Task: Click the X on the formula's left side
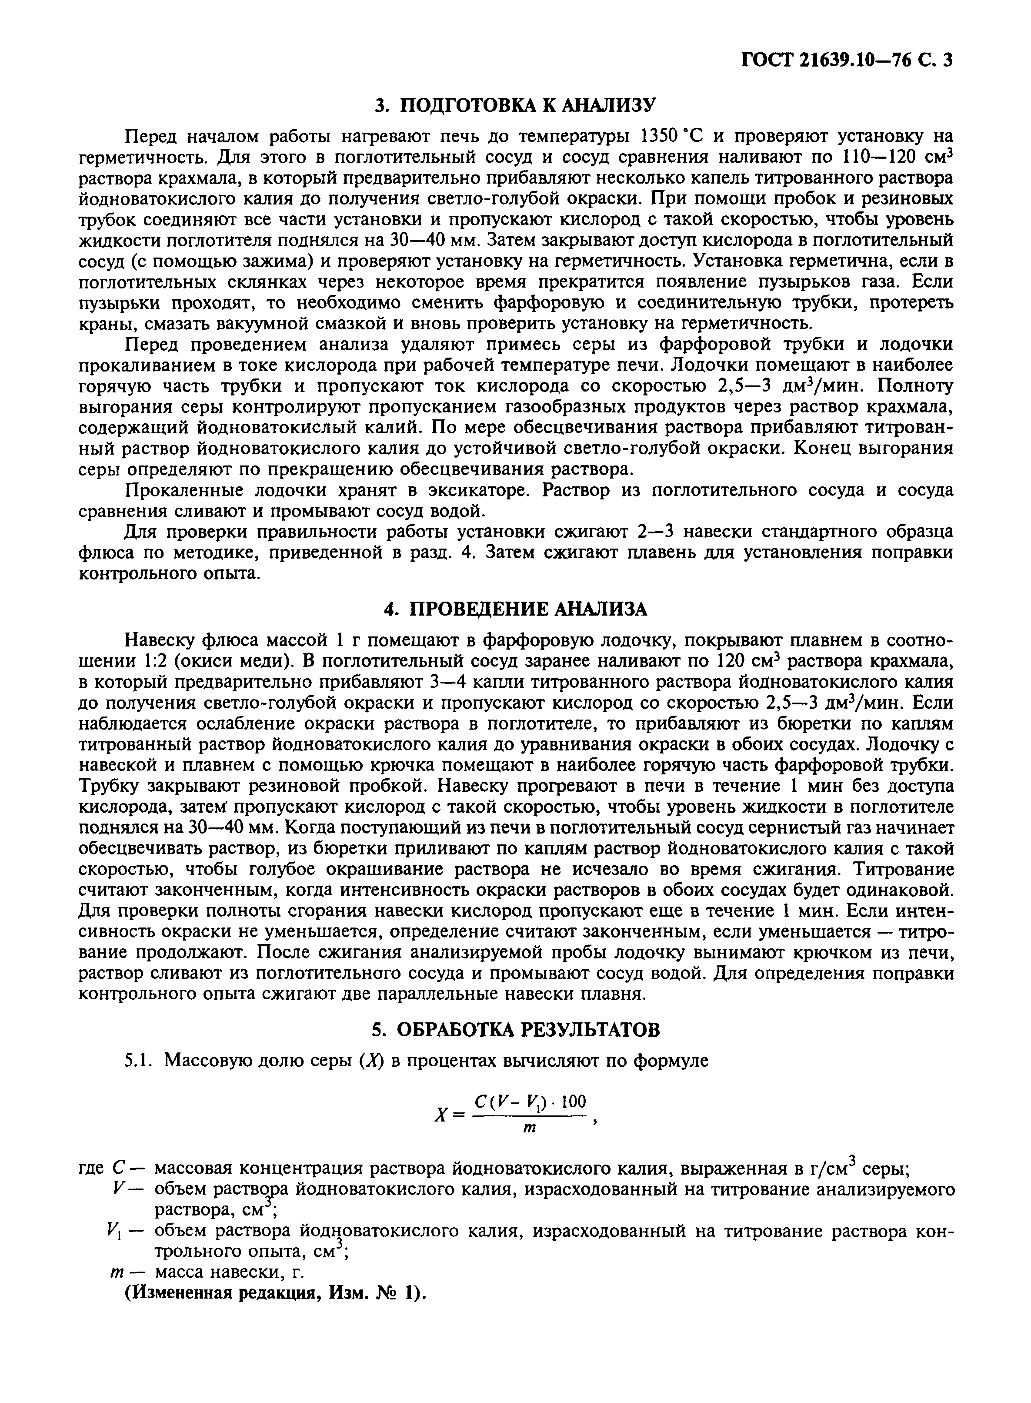pyautogui.click(x=442, y=1115)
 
